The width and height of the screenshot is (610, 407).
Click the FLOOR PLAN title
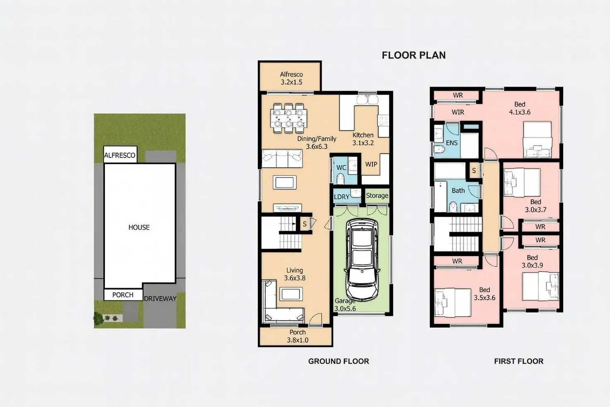(414, 55)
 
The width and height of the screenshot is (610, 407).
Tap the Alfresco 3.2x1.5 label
(291, 78)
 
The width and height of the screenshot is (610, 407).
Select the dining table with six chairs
(289, 118)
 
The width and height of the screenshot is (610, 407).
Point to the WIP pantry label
(371, 164)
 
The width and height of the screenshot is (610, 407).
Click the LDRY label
(341, 197)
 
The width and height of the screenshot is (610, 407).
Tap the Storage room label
(377, 195)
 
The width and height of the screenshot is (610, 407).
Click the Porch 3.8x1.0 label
(298, 336)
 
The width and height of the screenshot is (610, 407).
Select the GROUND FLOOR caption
(339, 361)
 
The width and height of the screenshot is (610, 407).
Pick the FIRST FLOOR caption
(518, 361)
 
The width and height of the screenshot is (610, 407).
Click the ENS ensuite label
(452, 143)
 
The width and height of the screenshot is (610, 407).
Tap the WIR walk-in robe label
(458, 112)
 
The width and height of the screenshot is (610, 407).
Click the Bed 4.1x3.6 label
(520, 108)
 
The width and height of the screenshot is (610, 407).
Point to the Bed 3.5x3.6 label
(484, 294)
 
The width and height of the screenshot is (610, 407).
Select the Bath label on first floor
(458, 190)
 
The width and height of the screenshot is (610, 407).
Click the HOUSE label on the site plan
(139, 227)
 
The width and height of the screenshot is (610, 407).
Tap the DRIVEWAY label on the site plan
(160, 298)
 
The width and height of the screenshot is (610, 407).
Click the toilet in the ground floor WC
(340, 179)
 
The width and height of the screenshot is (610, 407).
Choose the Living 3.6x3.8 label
(295, 274)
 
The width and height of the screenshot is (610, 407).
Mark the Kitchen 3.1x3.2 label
(363, 139)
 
